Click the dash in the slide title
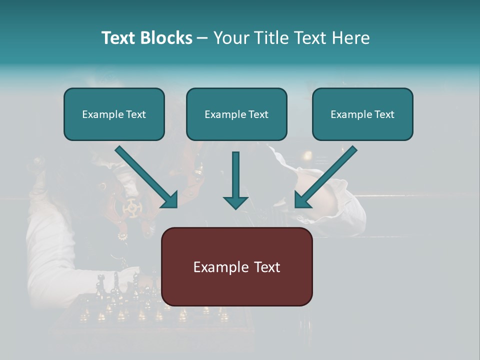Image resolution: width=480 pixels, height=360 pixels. tap(202, 38)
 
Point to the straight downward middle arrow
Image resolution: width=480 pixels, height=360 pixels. tap(235, 175)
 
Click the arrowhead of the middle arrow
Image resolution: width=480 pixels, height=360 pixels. tap(235, 202)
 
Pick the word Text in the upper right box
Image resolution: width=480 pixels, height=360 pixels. tap(383, 114)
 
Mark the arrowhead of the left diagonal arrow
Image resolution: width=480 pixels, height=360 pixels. tap(170, 199)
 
